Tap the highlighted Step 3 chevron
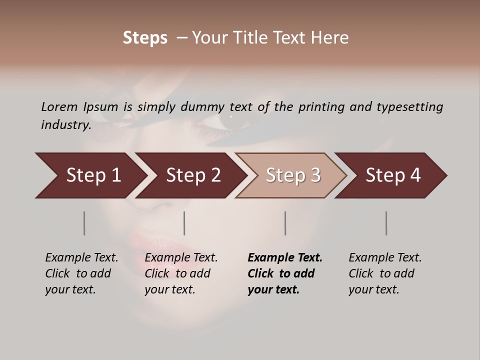(292, 175)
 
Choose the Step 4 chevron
(392, 175)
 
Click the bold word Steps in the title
(145, 38)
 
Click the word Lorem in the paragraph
(58, 106)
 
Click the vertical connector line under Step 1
(84, 223)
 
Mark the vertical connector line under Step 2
(184, 223)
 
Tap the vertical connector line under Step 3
(285, 223)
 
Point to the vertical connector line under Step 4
(386, 223)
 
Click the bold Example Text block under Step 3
(284, 273)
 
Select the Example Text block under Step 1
(81, 273)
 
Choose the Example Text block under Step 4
(384, 273)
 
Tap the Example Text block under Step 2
(180, 273)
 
